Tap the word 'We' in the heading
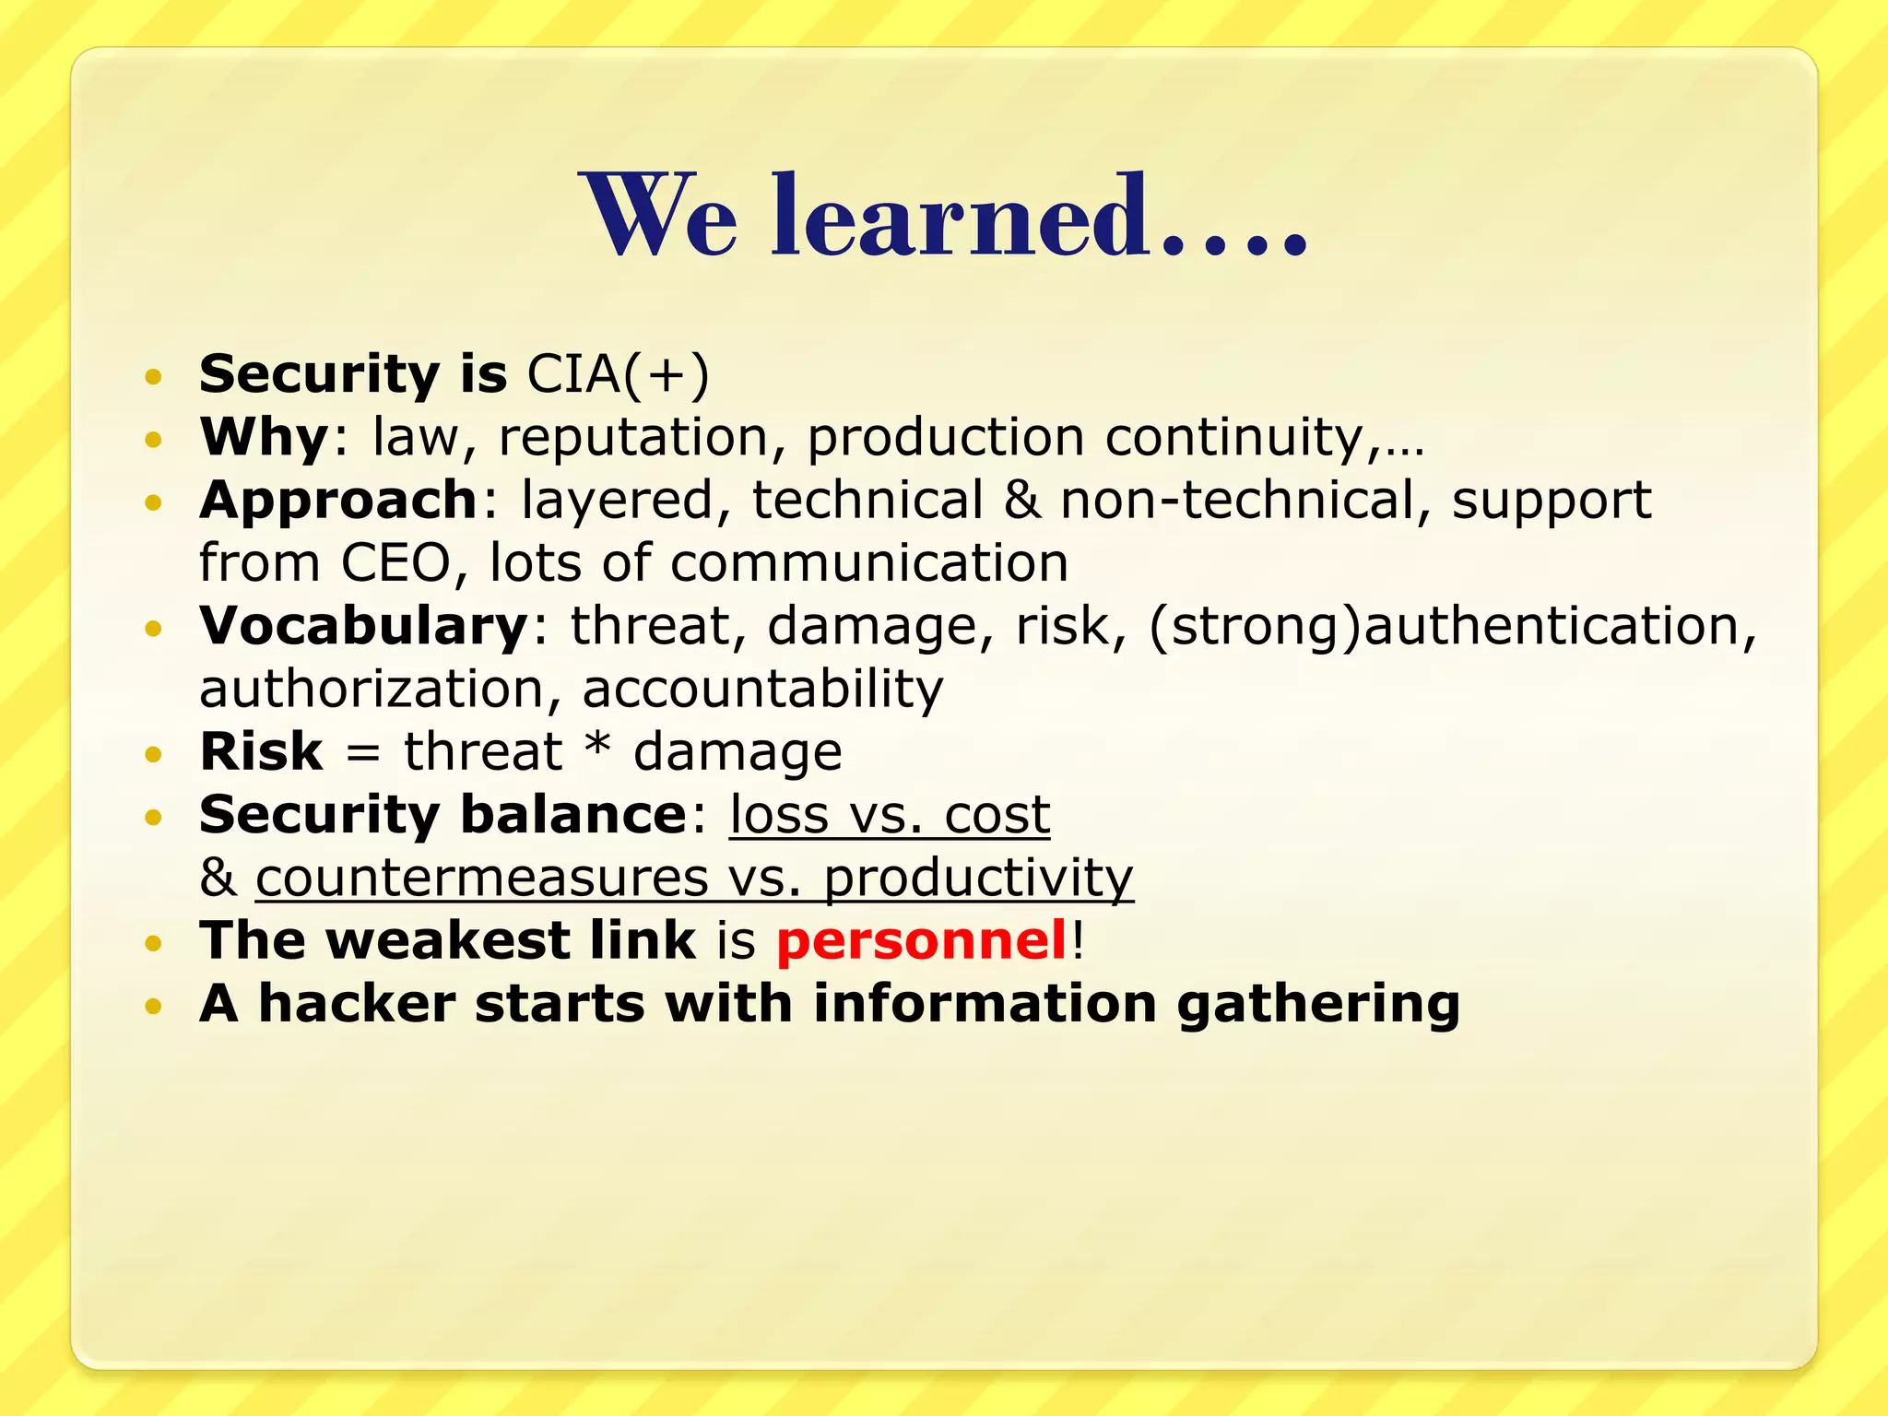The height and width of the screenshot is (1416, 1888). click(658, 218)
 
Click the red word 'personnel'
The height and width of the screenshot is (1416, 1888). click(921, 940)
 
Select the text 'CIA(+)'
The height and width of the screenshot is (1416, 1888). click(618, 374)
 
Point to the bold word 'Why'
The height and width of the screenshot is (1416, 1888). click(265, 437)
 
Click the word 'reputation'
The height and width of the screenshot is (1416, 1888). click(633, 437)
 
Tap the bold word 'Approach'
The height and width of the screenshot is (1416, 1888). click(337, 500)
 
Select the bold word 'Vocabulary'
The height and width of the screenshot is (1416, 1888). click(363, 626)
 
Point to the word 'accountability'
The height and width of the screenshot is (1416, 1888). click(762, 689)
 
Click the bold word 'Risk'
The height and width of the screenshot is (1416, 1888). click(261, 751)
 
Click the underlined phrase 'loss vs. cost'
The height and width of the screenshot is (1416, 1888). click(889, 815)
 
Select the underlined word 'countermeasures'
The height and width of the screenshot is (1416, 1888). click(481, 878)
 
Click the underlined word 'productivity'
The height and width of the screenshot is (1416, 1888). click(977, 878)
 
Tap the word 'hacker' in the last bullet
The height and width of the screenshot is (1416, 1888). click(357, 1003)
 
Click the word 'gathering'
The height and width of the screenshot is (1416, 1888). click(1318, 1003)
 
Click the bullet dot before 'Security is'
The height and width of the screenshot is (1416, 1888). click(153, 376)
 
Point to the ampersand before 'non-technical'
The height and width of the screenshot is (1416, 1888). click(1021, 500)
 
